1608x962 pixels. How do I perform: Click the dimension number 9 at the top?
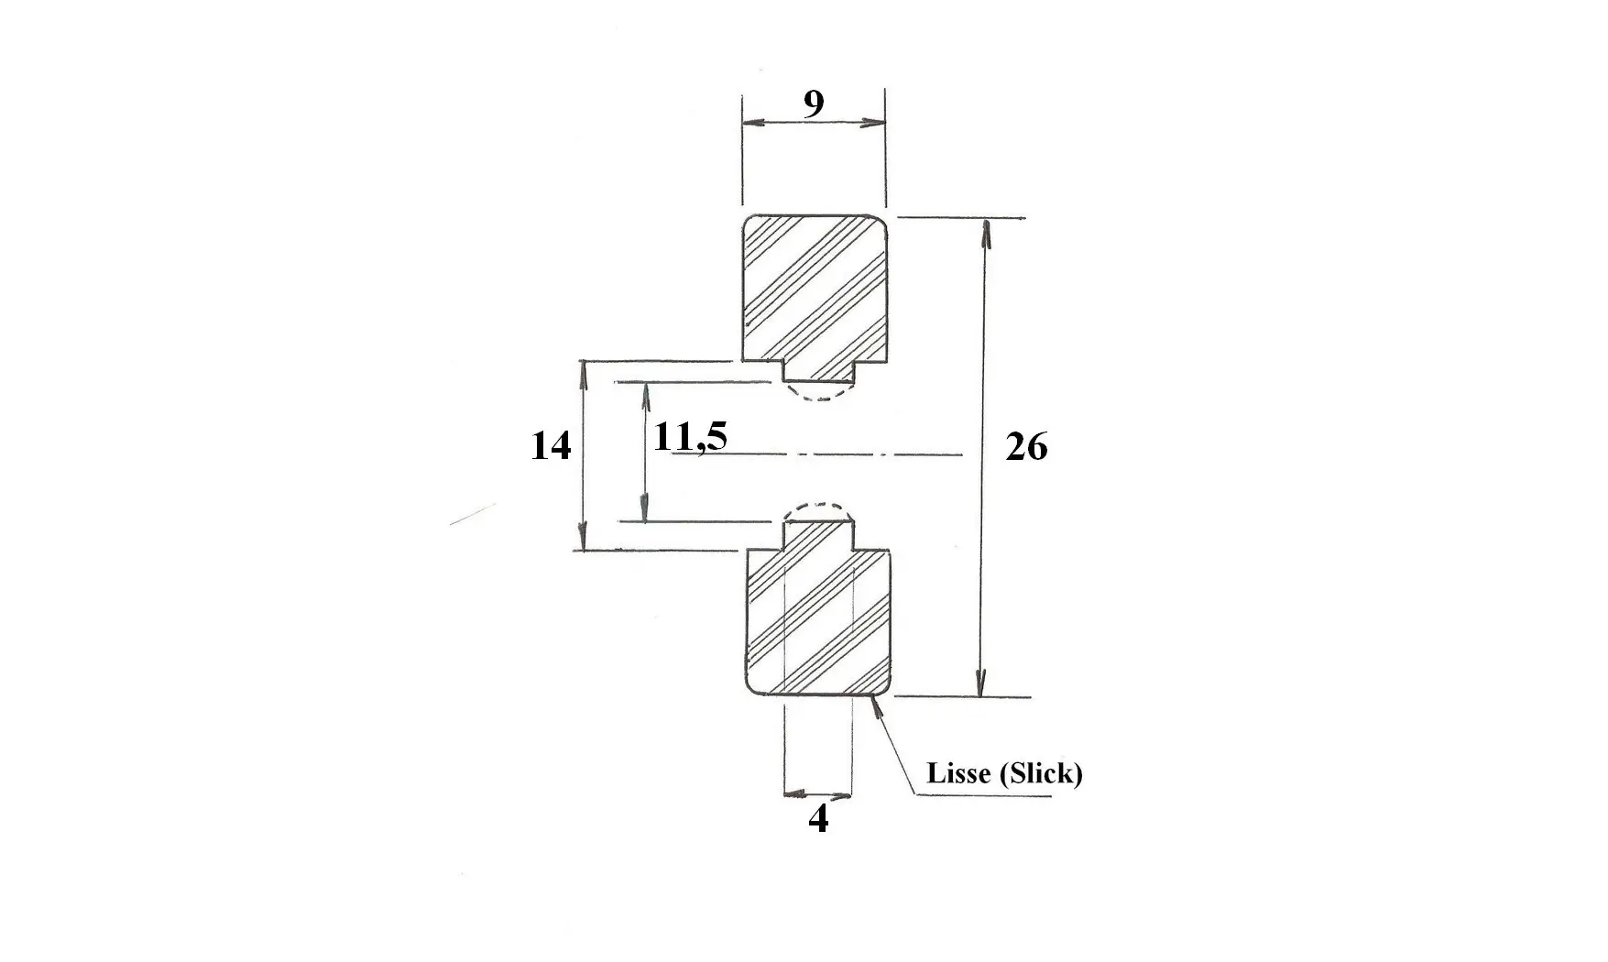pos(814,104)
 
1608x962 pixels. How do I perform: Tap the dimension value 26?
pos(1026,447)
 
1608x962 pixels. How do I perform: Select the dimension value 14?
pos(551,446)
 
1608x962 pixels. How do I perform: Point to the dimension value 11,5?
pos(690,437)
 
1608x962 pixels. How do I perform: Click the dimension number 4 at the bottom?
pos(818,818)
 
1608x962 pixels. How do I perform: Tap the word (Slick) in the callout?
pos(1042,774)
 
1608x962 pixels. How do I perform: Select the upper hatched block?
pos(815,298)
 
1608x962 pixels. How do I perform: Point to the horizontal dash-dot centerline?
pos(815,454)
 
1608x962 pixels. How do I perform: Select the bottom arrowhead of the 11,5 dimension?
pos(646,509)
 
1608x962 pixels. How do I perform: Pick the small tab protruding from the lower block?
pos(818,534)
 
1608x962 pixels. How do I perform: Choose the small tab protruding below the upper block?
pos(819,371)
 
